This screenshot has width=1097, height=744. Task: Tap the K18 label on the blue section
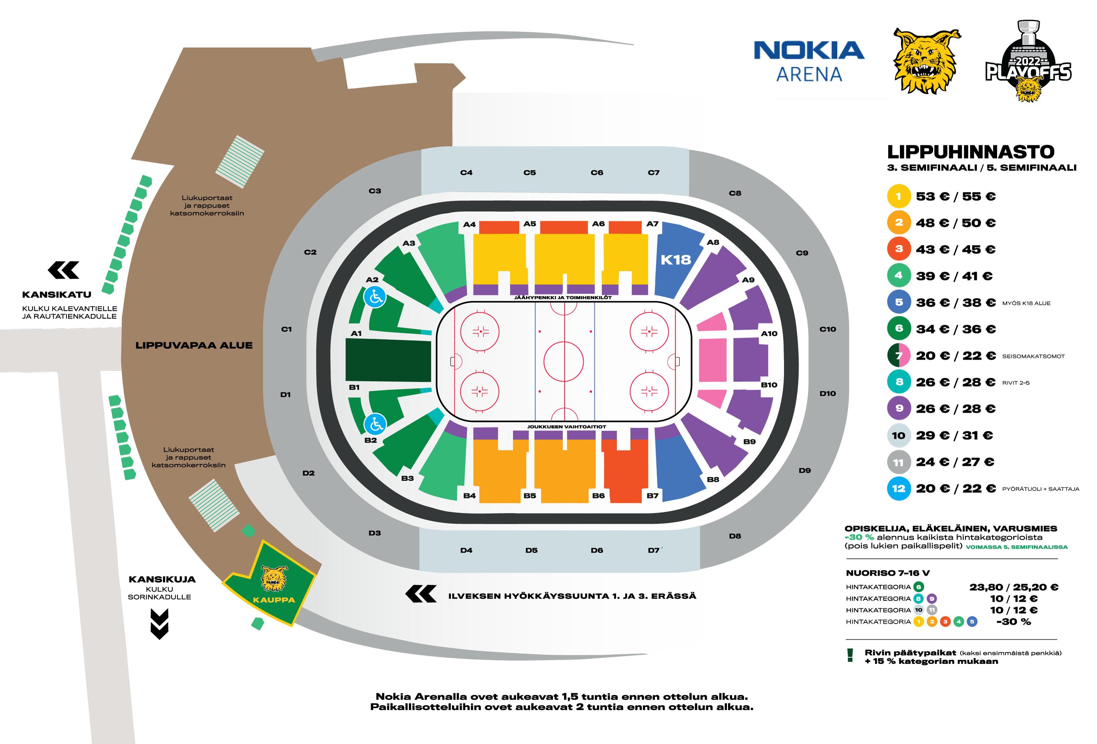(x=675, y=260)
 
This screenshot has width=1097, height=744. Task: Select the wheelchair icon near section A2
(x=375, y=297)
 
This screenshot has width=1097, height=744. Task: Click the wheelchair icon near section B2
(x=375, y=424)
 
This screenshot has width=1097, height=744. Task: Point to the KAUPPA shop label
(x=274, y=600)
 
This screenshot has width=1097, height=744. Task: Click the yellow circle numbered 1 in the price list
(x=899, y=196)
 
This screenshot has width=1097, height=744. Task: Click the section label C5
(x=529, y=173)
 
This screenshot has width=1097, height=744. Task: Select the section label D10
(x=828, y=393)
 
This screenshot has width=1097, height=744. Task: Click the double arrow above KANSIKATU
(x=64, y=270)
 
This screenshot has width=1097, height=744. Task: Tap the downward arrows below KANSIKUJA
(x=159, y=624)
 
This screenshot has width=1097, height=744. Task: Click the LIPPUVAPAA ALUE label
(x=194, y=345)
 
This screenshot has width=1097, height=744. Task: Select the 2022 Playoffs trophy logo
(x=1028, y=61)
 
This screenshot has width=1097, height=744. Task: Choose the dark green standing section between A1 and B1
(x=388, y=360)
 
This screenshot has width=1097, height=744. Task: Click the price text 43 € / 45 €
(x=955, y=249)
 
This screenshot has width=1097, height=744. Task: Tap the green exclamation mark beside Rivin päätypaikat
(x=850, y=655)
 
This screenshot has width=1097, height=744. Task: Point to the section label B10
(x=769, y=385)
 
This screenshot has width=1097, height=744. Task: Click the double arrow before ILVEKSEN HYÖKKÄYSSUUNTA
(x=421, y=594)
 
